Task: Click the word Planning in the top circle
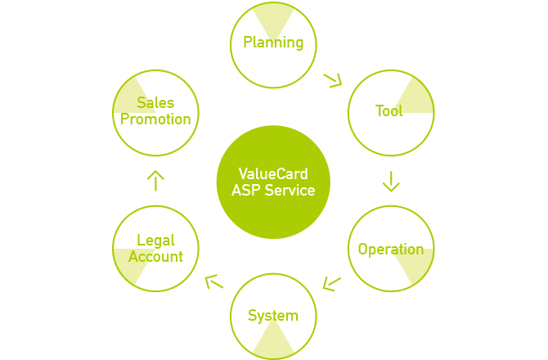point(273,43)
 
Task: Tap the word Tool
point(389,110)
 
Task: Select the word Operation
point(391,250)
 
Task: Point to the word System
point(273,316)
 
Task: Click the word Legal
point(156,241)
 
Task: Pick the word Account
point(155,257)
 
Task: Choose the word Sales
point(155,103)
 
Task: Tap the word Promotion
point(155,119)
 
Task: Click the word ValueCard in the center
point(273,173)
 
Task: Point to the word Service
point(290,191)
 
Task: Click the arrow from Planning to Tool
point(332,81)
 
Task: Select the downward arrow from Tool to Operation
point(391,182)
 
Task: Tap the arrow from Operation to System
point(331,284)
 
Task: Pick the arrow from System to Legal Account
point(213,282)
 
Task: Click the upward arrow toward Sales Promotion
point(155,181)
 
